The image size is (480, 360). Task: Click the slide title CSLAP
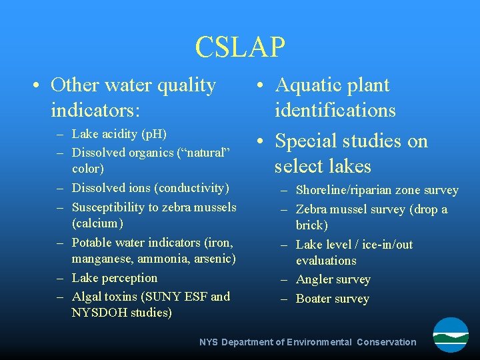[x=240, y=47]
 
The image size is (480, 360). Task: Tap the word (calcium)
[x=98, y=223]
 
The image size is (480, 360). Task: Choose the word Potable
[x=92, y=242]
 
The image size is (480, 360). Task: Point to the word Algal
[x=86, y=297]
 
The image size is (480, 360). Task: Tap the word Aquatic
[x=313, y=85]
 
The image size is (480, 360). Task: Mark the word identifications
[x=335, y=110]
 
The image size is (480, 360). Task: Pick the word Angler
[x=315, y=279]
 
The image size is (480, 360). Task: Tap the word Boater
[x=314, y=299]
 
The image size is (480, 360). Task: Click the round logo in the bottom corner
[x=451, y=335]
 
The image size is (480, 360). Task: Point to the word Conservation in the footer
[x=386, y=342]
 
